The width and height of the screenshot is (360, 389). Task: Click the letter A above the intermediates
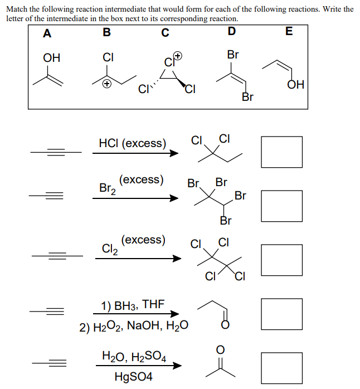click(x=47, y=33)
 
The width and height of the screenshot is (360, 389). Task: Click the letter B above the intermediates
click(x=107, y=33)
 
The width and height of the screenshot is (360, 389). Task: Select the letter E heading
click(x=288, y=31)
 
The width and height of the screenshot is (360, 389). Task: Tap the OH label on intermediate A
click(x=51, y=58)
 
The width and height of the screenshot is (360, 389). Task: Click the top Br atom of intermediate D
click(x=233, y=55)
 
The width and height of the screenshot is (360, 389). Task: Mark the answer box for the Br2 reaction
click(x=281, y=205)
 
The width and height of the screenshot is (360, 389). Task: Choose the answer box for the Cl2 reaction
click(x=281, y=260)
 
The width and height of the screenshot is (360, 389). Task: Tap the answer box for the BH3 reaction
click(x=281, y=314)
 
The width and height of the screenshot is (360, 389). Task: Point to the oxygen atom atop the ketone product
click(x=220, y=349)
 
